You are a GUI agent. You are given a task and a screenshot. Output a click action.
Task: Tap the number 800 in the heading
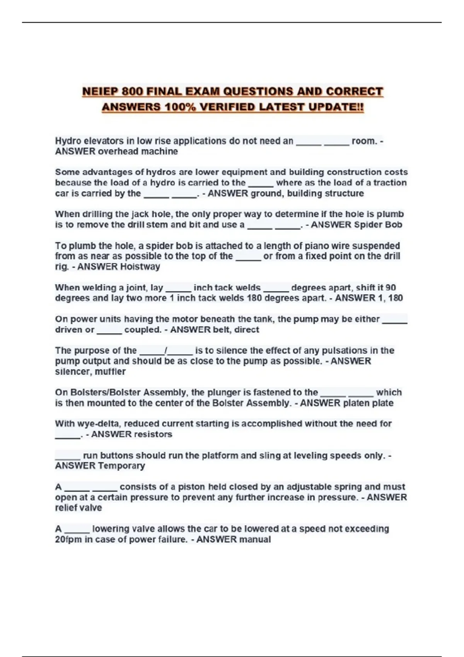(133, 92)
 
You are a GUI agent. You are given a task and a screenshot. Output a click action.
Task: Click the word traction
(390, 183)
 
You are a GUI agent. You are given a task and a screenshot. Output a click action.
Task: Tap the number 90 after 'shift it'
(391, 288)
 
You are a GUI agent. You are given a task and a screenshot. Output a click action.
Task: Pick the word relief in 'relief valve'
(66, 508)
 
